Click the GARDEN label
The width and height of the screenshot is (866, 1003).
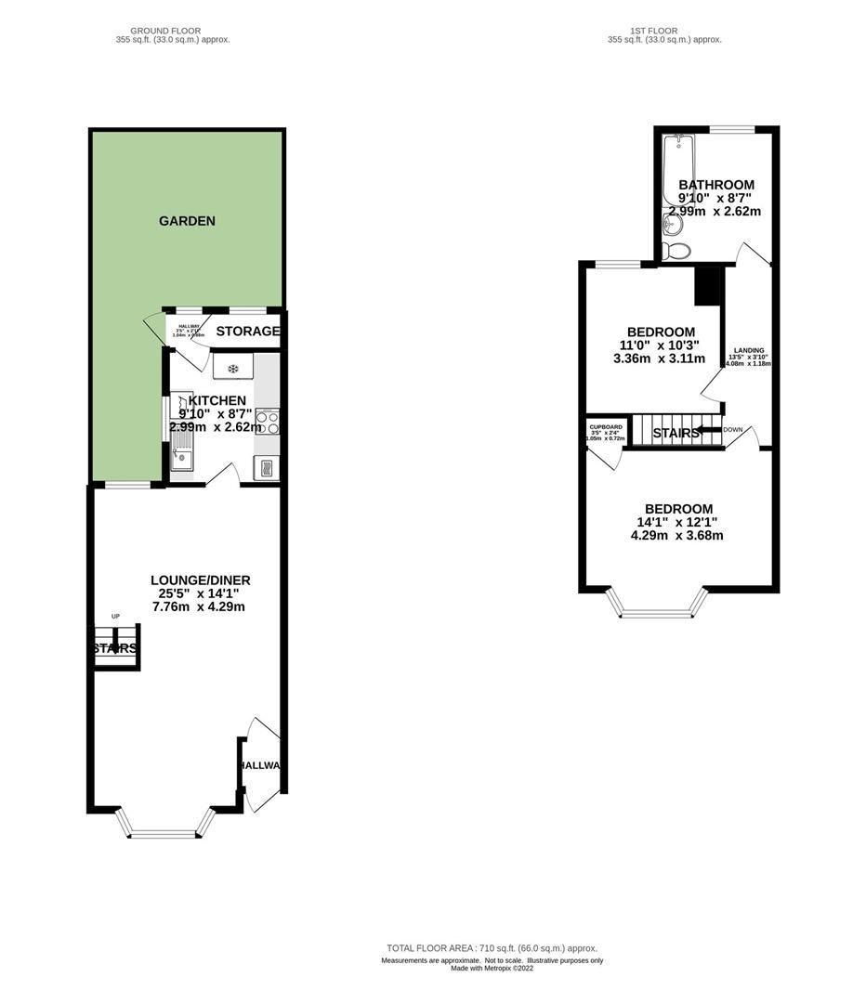coord(187,221)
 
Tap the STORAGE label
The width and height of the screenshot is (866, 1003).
coord(247,331)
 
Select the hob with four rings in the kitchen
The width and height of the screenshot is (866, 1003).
coord(268,423)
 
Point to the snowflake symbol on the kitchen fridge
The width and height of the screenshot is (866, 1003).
coord(233,369)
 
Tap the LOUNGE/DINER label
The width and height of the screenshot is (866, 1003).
coord(200,580)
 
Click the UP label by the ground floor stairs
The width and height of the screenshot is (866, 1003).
coord(116,617)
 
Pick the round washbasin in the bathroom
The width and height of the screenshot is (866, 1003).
coord(671,223)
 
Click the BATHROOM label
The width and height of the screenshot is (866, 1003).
coord(715,185)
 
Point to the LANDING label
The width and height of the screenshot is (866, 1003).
coord(749,350)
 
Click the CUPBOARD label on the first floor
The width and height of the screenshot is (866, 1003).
coord(604,426)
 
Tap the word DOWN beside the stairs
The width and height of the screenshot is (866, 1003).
coord(734,429)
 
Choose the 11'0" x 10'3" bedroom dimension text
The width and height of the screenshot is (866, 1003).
coord(661,345)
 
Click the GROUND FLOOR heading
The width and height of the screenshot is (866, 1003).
coord(165,31)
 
